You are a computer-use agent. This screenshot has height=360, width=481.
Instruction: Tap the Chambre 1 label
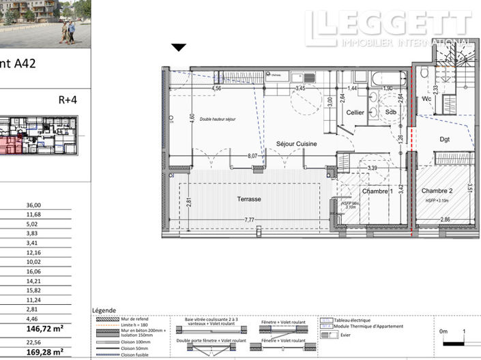click(377, 192)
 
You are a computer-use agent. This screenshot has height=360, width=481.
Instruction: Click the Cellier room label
click(355, 112)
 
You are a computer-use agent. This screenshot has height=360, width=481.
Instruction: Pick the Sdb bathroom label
click(390, 112)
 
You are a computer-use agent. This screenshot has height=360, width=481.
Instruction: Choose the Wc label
click(427, 98)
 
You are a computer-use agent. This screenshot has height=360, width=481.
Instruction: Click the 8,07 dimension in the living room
click(252, 155)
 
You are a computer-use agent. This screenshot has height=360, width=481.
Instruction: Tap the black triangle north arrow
click(179, 47)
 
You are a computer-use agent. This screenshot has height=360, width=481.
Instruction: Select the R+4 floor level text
click(68, 99)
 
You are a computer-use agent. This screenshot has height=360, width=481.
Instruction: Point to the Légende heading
click(103, 310)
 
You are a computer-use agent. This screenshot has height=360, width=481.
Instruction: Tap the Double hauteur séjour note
click(218, 119)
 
